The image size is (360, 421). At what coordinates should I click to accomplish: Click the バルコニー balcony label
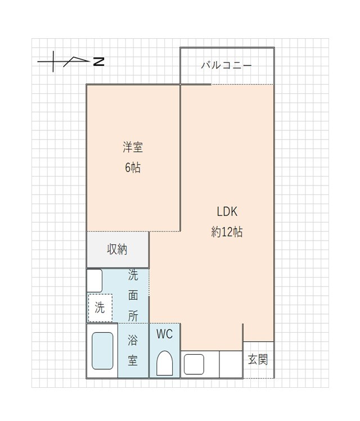point(227,65)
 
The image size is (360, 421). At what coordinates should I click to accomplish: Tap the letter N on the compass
point(98,61)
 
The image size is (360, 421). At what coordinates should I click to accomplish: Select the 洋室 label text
point(133,148)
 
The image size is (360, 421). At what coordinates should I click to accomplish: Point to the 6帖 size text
point(133,168)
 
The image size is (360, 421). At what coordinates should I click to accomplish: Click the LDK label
point(227,212)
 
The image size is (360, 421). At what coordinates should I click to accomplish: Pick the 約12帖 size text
point(227,232)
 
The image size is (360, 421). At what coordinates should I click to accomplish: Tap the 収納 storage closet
point(117,250)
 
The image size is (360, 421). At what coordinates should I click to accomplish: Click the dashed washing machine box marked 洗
point(100,307)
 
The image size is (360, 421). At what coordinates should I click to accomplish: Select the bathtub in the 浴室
point(102,350)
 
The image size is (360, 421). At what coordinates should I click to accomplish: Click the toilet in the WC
point(164,363)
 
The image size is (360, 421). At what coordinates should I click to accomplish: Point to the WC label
point(164,334)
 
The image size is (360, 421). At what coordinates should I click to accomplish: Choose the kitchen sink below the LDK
point(193,364)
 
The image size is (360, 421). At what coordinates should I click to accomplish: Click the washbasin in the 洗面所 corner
point(94,280)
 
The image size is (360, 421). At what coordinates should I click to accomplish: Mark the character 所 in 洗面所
point(133,316)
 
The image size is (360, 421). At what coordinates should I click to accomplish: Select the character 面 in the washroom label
point(133,296)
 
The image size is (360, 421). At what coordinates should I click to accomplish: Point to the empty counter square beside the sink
point(230,364)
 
